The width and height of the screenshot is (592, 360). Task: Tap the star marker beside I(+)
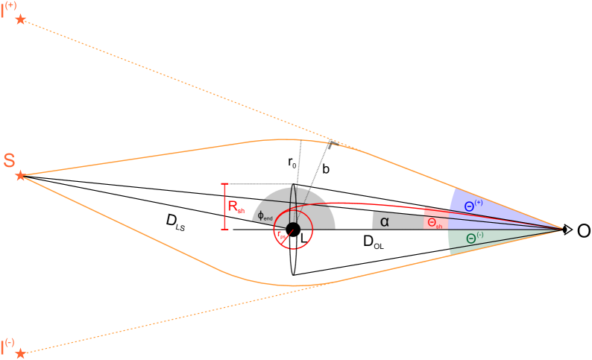[20, 19]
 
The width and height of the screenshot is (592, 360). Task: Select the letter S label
[9, 160]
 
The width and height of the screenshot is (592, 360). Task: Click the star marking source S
[21, 176]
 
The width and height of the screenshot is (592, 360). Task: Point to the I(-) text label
[8, 344]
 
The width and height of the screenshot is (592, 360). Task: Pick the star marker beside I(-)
[21, 353]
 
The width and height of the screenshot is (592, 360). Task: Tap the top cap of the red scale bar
[225, 183]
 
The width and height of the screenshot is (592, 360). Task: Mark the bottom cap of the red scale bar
[225, 228]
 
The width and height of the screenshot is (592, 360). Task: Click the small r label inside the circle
[280, 235]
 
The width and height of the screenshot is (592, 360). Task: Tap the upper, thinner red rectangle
[436, 212]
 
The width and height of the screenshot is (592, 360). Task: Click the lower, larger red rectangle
[435, 223]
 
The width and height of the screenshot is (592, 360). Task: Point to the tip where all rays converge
[561, 228]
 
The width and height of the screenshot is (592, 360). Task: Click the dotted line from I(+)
[186, 82]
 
